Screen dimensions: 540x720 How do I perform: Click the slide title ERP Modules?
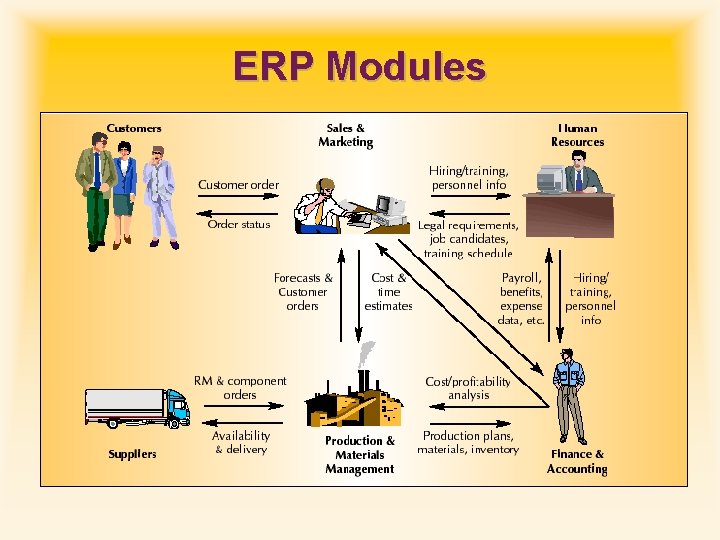[359, 67]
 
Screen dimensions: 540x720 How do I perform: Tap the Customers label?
[134, 128]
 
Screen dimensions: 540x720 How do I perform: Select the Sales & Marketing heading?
[346, 135]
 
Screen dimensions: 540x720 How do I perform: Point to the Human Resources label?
[577, 135]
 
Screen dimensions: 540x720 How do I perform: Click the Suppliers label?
[132, 454]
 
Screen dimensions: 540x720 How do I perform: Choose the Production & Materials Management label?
[360, 455]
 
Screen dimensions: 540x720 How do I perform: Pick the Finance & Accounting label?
[577, 461]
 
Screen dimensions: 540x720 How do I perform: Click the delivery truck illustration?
[137, 406]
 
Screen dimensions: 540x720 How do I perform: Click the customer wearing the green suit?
[96, 195]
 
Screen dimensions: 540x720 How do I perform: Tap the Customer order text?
[238, 185]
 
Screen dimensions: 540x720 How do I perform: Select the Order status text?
[239, 224]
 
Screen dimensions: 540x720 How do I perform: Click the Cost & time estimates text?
[388, 292]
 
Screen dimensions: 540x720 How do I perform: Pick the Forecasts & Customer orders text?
[303, 292]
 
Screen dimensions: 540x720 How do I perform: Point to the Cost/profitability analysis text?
[468, 388]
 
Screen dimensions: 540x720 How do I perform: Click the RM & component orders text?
[240, 388]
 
